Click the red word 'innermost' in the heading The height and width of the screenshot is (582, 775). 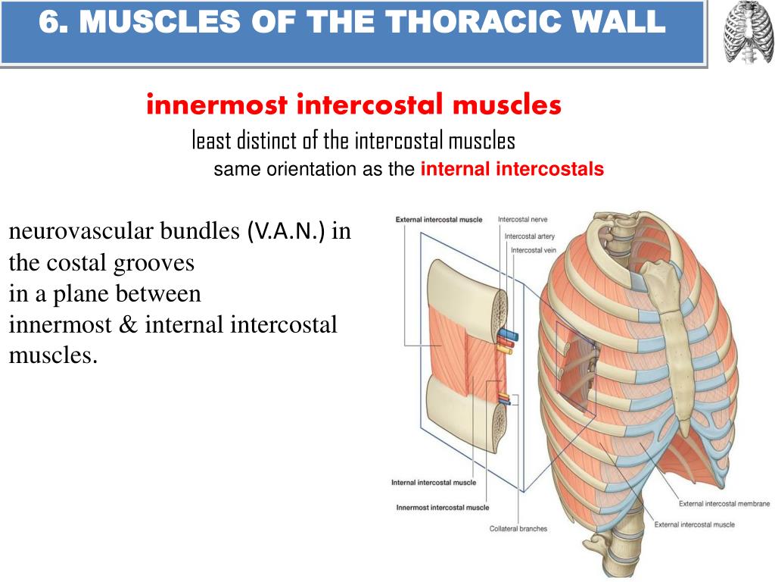[217, 105]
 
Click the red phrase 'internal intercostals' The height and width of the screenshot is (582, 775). [512, 169]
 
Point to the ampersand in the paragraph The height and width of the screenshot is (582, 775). [128, 324]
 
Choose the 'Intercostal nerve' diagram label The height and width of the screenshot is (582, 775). [522, 219]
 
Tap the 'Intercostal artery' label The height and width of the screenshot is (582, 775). [529, 236]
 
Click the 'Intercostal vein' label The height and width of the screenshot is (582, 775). [534, 250]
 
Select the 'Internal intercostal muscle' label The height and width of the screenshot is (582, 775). [434, 483]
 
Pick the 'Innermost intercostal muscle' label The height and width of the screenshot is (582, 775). [442, 507]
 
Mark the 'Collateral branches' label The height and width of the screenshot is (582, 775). [518, 528]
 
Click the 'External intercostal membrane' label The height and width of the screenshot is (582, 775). [724, 504]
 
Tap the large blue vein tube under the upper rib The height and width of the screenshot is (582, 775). [508, 334]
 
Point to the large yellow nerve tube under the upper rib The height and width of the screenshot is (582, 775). [504, 350]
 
